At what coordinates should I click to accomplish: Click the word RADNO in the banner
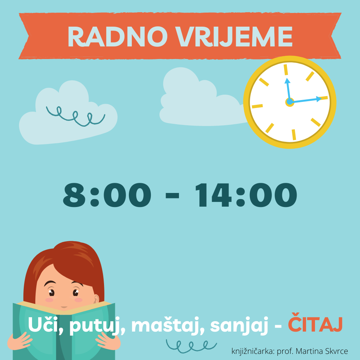click(118, 37)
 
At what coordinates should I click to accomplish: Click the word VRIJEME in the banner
click(234, 37)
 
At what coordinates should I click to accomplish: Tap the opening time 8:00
click(107, 195)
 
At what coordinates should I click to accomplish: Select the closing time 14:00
click(246, 195)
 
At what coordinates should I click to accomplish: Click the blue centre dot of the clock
click(290, 102)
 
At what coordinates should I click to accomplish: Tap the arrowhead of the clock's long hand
click(319, 99)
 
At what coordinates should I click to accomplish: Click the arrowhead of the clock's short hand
click(287, 81)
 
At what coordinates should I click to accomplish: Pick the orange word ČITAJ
click(315, 323)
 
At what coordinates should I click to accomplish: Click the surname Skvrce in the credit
click(336, 351)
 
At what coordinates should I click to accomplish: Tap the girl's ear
click(96, 299)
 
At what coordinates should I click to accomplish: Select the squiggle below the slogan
click(191, 346)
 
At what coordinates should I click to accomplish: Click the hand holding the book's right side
click(108, 341)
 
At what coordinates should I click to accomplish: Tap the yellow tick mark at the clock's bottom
click(294, 135)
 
